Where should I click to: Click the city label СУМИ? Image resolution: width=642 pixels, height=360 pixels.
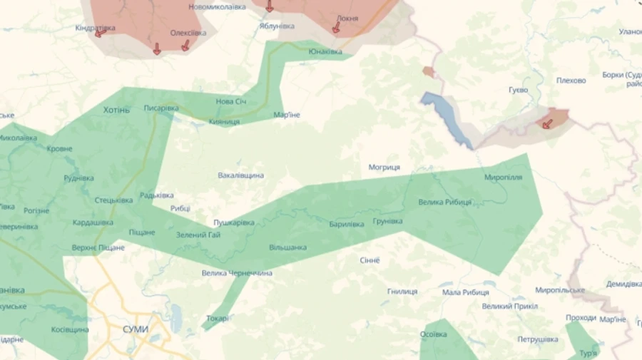(136, 329)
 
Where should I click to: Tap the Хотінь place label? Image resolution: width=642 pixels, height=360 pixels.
(116, 110)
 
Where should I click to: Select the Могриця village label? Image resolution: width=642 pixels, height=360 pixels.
(384, 168)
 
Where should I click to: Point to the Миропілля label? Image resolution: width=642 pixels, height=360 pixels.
(503, 177)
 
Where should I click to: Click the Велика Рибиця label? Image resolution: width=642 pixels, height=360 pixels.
(444, 202)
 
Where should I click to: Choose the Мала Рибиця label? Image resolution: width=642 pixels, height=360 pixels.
(465, 292)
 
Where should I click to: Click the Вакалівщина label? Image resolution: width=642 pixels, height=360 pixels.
(240, 175)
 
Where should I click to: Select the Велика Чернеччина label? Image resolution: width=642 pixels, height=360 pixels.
(236, 273)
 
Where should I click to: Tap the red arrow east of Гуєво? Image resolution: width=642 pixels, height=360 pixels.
(547, 123)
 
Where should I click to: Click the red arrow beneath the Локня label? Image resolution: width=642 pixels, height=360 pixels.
(336, 29)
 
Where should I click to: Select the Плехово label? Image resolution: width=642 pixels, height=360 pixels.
(571, 81)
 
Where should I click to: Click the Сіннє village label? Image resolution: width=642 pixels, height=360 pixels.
(370, 260)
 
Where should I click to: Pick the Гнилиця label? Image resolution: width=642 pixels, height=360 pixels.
(402, 292)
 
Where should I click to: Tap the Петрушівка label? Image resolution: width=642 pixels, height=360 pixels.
(538, 339)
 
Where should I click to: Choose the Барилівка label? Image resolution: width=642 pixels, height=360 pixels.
(347, 224)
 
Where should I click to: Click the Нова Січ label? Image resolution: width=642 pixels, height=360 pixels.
(231, 101)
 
